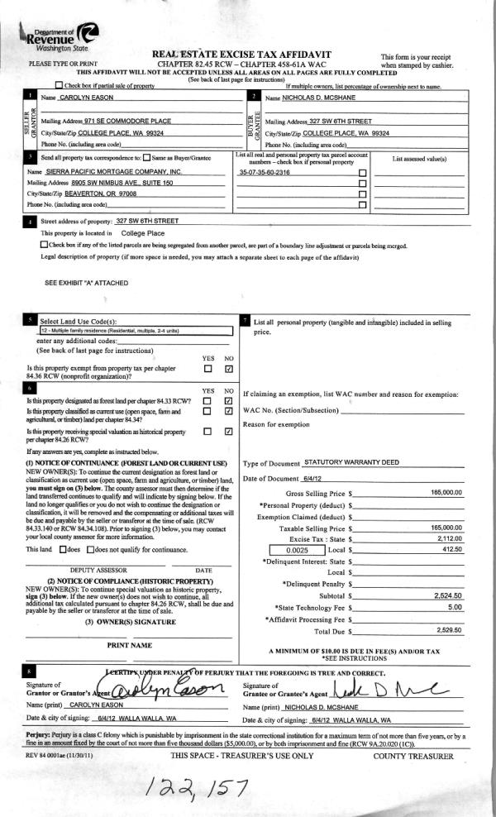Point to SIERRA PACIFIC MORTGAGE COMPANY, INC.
tap(111, 170)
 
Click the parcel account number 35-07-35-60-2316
tap(265, 171)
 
